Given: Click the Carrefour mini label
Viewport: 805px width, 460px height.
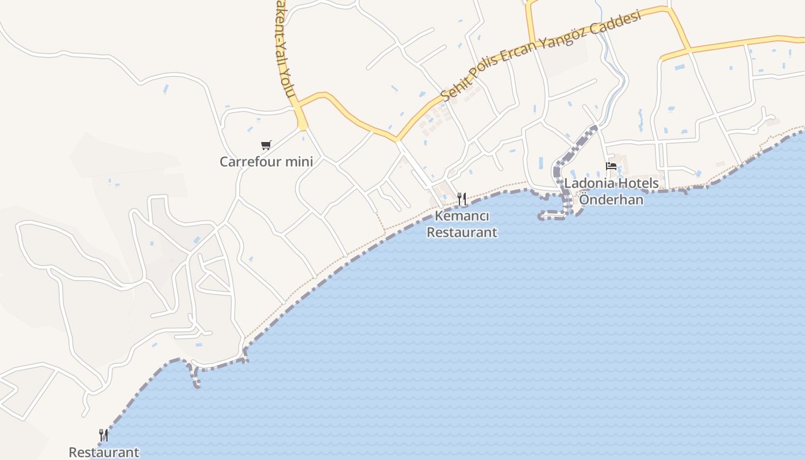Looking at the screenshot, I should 266,162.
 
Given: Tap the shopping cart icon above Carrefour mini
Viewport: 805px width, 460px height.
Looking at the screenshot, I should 266,145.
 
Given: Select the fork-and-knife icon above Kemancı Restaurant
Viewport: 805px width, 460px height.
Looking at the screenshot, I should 462,199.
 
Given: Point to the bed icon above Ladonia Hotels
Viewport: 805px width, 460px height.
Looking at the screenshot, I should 611,167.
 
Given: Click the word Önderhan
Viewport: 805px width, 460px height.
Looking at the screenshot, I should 611,200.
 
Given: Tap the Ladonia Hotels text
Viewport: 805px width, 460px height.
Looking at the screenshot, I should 611,183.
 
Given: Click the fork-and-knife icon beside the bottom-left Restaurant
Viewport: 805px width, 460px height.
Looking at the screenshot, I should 103,435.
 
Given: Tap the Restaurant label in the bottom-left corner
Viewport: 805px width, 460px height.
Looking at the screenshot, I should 104,452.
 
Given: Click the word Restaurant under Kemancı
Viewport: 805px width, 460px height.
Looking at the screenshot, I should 462,232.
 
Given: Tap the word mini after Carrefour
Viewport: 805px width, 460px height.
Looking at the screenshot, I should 301,162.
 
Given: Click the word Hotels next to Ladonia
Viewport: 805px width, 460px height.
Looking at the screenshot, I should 638,183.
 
